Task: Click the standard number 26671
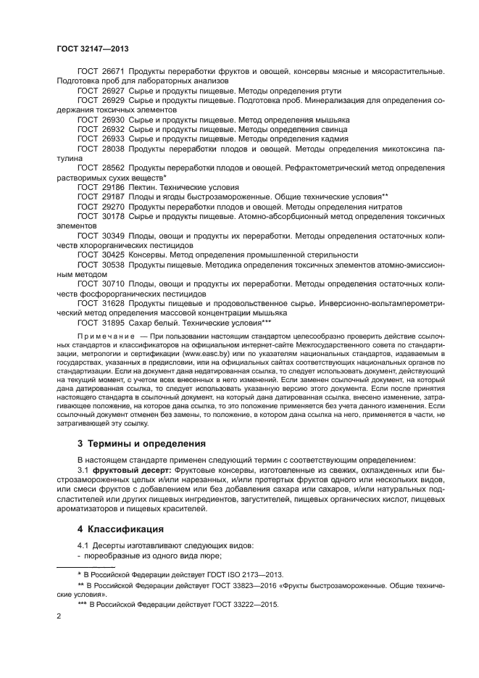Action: point(112,73)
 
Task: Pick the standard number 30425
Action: point(112,255)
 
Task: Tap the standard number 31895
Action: point(112,322)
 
